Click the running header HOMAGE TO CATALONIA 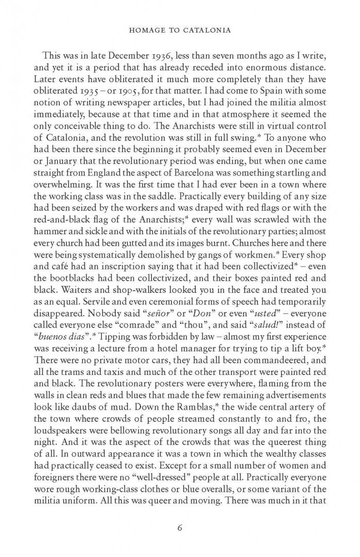[180, 30]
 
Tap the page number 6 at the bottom [180, 527]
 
